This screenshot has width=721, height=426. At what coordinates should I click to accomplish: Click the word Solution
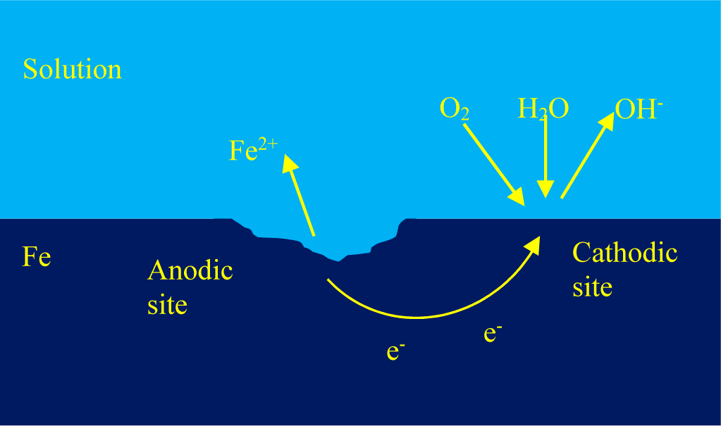[72, 69]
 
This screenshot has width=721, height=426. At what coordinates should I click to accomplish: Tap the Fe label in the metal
[37, 257]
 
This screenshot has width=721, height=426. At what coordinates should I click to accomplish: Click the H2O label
[543, 109]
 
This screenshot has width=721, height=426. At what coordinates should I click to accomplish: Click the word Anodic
[190, 270]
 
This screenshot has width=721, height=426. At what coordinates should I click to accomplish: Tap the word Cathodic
[624, 253]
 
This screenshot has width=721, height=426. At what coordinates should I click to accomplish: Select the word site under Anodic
[167, 304]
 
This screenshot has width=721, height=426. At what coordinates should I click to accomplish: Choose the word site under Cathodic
[592, 287]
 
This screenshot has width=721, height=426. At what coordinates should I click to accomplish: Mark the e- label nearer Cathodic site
[493, 333]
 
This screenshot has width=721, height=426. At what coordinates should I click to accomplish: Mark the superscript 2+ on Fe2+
[268, 144]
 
